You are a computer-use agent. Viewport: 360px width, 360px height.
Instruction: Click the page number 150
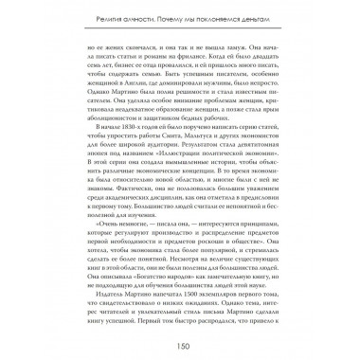coord(179,344)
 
